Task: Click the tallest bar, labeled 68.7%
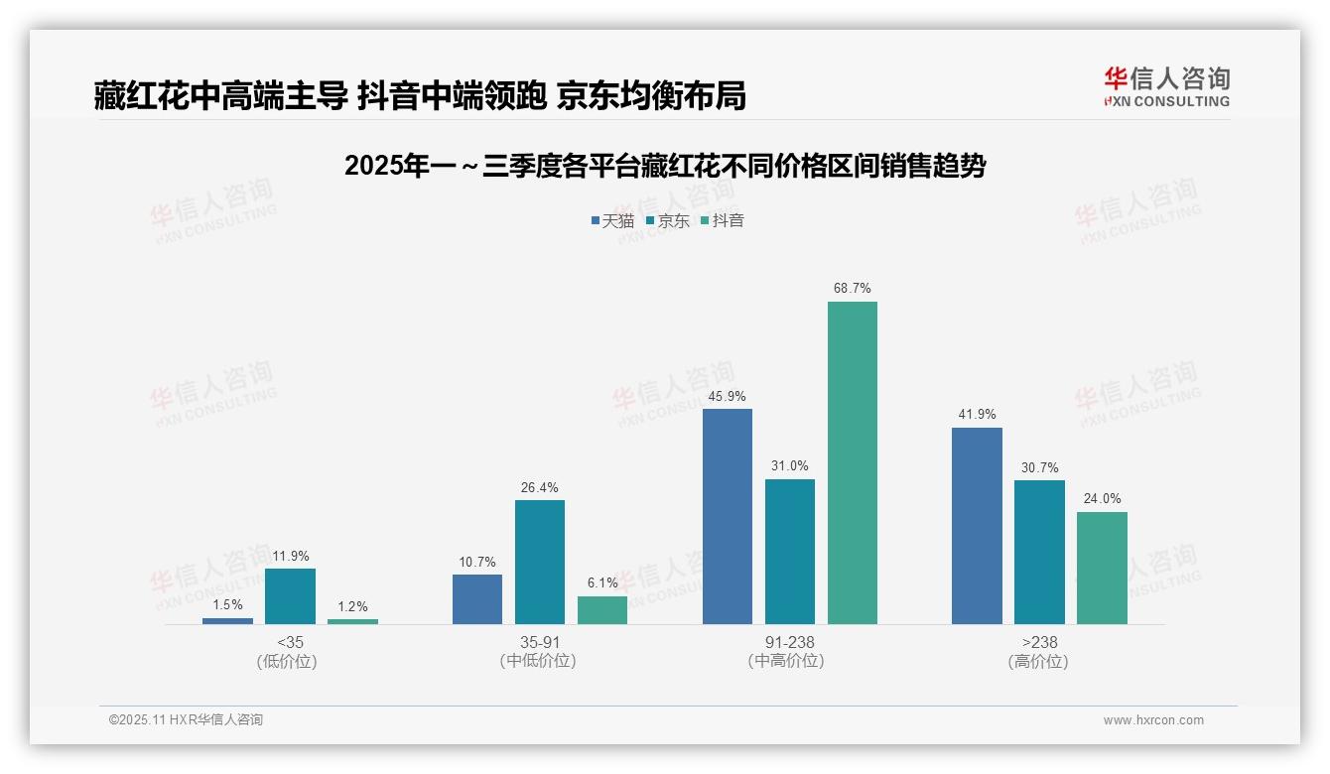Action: [852, 462]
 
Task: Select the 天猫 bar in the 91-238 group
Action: [727, 516]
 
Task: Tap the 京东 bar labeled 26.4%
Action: [539, 562]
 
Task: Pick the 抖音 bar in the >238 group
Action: [1102, 568]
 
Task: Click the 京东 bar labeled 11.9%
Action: [290, 595]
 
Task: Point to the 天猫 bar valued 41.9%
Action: [977, 526]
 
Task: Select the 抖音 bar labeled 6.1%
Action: [601, 609]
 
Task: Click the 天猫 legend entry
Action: [612, 220]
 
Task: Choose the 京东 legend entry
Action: [667, 220]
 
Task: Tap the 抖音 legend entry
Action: [723, 220]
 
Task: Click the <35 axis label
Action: [290, 642]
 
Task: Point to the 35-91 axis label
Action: [539, 642]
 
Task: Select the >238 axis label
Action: [1038, 642]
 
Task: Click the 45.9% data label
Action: [727, 396]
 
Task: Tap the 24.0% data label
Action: [1102, 499]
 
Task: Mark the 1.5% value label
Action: [227, 605]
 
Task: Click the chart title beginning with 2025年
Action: [664, 166]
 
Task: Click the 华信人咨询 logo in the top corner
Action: [1166, 87]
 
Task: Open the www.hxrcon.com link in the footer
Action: [1153, 720]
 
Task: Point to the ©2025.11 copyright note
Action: [186, 720]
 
